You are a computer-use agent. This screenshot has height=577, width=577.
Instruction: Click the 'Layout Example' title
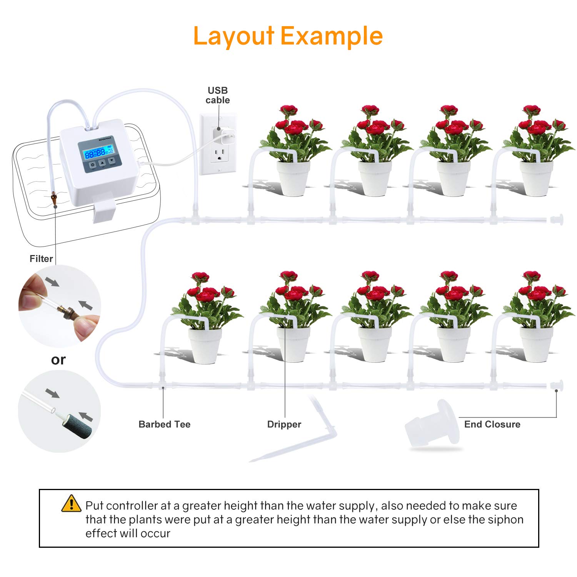pyautogui.click(x=288, y=36)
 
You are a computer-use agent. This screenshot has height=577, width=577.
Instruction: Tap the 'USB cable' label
pyautogui.click(x=218, y=95)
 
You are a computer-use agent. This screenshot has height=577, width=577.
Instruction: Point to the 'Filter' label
pyautogui.click(x=41, y=259)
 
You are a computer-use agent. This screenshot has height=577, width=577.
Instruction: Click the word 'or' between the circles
pyautogui.click(x=58, y=360)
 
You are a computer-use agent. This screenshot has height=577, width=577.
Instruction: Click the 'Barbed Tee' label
pyautogui.click(x=164, y=424)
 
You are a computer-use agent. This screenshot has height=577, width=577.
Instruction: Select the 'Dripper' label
pyautogui.click(x=284, y=424)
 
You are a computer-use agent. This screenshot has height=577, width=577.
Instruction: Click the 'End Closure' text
pyautogui.click(x=492, y=424)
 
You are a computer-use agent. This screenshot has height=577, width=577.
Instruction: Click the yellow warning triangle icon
pyautogui.click(x=71, y=504)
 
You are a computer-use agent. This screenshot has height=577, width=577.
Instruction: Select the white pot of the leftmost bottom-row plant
pyautogui.click(x=205, y=345)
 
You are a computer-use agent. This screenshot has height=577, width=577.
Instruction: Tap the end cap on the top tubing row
pyautogui.click(x=557, y=220)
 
